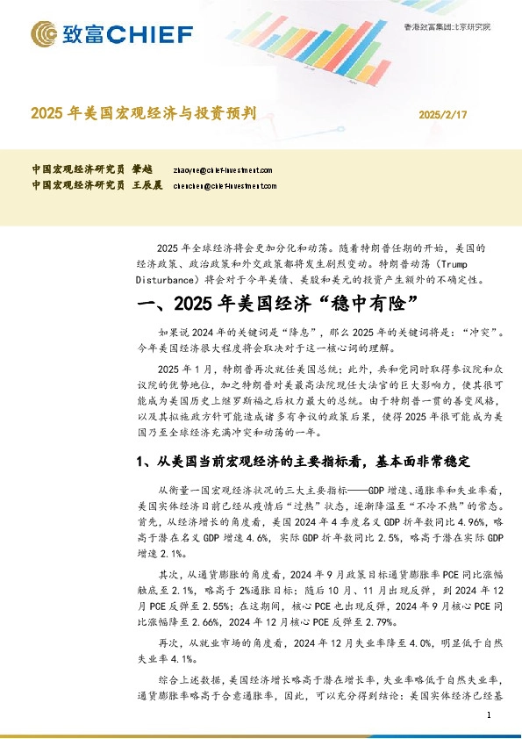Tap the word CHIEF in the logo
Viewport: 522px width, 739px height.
coord(151,34)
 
